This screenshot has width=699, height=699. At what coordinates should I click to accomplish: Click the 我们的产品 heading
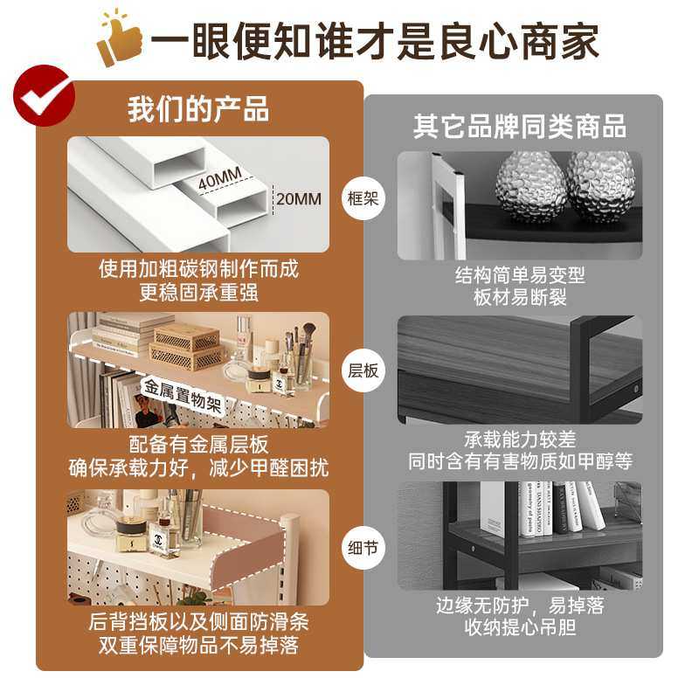tap(198, 110)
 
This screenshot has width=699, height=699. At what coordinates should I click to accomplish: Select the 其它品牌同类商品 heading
tap(520, 126)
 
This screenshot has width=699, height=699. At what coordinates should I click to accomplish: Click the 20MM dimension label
tap(298, 198)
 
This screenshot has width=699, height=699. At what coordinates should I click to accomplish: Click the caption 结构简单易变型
tap(520, 275)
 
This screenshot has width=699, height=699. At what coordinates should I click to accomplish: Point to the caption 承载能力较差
tap(520, 439)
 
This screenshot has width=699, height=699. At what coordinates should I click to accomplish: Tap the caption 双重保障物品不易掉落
tap(198, 647)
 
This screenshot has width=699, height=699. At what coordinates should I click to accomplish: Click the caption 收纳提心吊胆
tap(520, 626)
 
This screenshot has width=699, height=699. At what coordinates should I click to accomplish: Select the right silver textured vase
tap(601, 185)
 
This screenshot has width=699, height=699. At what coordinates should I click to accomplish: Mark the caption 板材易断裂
tap(520, 297)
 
